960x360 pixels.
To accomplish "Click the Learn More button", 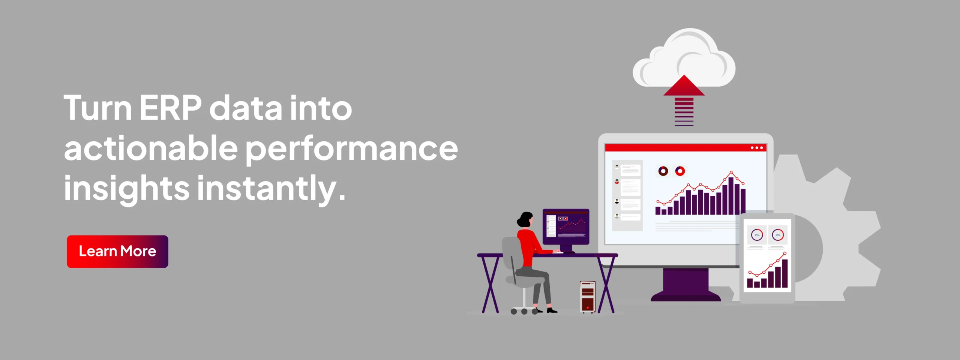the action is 117,252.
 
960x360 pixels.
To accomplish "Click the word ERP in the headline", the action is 170,108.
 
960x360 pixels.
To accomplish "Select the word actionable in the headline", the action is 151,148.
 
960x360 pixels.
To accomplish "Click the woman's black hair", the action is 525,219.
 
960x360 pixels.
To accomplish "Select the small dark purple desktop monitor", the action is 566,226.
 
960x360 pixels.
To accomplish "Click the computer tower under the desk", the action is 588,297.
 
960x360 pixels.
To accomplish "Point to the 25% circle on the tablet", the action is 757,235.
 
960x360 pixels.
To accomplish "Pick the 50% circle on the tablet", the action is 778,235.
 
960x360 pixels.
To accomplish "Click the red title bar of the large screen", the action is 685,148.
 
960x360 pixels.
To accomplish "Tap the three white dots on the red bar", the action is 757,148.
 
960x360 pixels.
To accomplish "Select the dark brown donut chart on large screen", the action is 663,171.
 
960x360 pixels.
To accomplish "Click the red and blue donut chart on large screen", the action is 680,171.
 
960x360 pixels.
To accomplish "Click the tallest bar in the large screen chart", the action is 730,196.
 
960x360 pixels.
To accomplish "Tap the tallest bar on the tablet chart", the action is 785,273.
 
